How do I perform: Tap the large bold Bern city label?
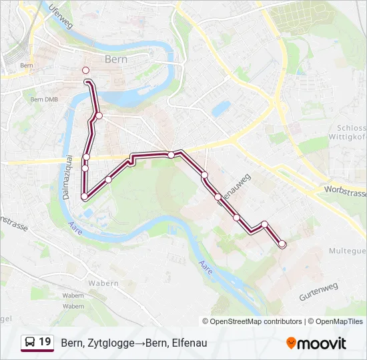tap(116, 59)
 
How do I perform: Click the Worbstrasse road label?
tap(344, 191)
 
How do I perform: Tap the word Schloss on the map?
tap(352, 128)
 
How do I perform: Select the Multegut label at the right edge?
tap(348, 251)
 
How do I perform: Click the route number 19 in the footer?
tap(45, 342)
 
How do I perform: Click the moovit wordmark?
tap(322, 343)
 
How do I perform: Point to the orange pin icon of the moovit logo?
tap(291, 343)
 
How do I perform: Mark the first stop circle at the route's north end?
tap(85, 70)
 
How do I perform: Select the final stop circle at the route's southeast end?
tap(282, 244)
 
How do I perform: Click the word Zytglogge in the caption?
tap(108, 343)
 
